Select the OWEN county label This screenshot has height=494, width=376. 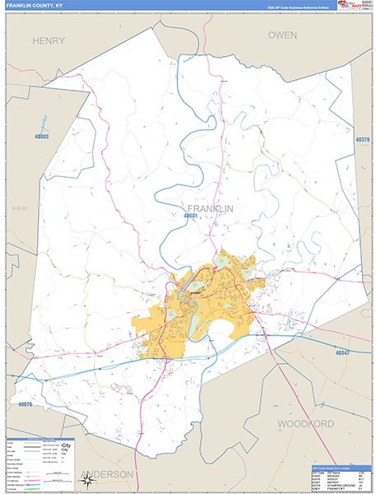[281, 35]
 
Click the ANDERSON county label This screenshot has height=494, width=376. [108, 475]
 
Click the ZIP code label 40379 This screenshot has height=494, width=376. [363, 140]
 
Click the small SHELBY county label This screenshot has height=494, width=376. [19, 208]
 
